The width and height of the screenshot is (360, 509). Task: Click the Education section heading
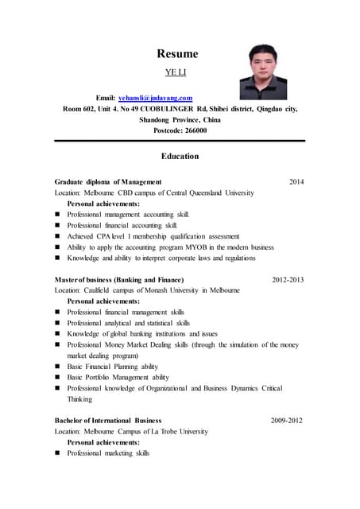point(180,156)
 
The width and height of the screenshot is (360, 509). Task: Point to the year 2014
point(296,182)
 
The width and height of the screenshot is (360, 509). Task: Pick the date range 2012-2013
point(287,280)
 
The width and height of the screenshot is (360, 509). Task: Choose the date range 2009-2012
point(286,420)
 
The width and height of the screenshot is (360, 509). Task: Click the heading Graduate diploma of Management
point(108,182)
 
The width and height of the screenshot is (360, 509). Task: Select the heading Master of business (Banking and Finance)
point(119,280)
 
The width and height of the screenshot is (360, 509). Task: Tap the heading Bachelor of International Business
point(108,420)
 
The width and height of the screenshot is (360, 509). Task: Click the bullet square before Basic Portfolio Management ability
point(58,377)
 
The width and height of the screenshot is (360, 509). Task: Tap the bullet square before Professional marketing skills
point(58,453)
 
